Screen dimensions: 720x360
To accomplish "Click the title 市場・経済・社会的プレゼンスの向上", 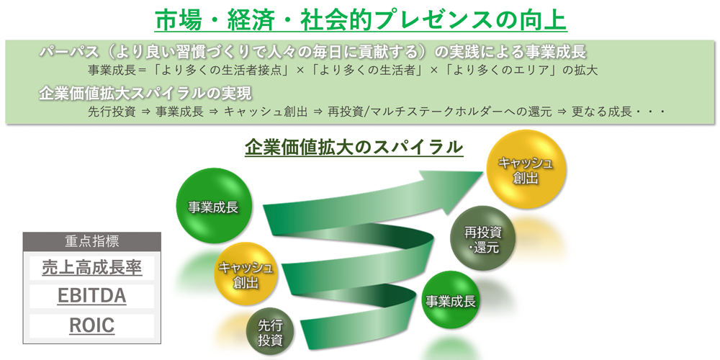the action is click(361, 21).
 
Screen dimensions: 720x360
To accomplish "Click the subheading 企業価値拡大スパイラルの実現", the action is click(145, 94).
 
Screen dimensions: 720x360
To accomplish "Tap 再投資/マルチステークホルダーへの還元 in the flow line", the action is click(440, 112).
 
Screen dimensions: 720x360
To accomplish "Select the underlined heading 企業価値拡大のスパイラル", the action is click(354, 148).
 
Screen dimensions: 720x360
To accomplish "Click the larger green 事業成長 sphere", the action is click(213, 207).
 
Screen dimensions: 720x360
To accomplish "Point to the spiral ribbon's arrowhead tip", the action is click(484, 173).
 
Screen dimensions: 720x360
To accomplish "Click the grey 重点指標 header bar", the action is click(92, 241).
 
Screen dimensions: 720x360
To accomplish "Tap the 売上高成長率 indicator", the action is click(92, 268).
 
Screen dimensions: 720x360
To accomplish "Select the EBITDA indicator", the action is click(92, 296).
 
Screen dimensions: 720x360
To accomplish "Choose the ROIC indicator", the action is click(92, 325).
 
